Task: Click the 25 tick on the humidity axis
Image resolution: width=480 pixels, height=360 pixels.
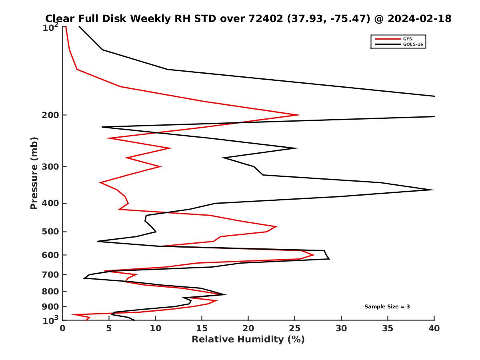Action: click(x=295, y=328)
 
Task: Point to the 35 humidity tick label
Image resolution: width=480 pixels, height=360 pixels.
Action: click(x=388, y=328)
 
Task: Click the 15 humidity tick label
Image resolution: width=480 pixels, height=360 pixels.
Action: click(x=202, y=328)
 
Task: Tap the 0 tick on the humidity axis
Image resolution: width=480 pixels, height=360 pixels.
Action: click(x=63, y=328)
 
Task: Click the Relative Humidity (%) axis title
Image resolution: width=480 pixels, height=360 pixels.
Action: click(x=248, y=340)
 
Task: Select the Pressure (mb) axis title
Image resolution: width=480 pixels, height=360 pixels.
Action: click(x=34, y=173)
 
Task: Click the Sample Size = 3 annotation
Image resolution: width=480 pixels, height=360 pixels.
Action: click(x=387, y=307)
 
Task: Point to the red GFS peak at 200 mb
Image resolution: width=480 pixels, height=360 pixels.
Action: click(x=300, y=115)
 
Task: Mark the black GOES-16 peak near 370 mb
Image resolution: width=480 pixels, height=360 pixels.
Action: click(x=434, y=190)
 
